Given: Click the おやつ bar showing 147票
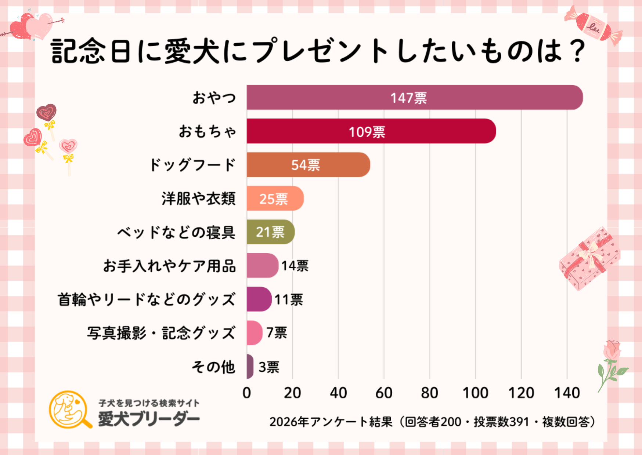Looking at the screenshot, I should tap(414, 98).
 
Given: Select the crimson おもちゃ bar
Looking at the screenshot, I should tap(371, 131).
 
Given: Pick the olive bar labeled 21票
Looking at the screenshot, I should tap(270, 232).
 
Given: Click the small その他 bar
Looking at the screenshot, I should tap(250, 366).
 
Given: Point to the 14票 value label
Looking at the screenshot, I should tap(295, 266).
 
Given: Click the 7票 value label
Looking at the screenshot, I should tap(277, 333).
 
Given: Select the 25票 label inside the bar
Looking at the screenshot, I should tap(274, 199).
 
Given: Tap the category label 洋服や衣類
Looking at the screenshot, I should tap(198, 199).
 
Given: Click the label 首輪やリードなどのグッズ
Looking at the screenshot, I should tap(146, 299).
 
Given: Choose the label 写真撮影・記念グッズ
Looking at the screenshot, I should tap(161, 333).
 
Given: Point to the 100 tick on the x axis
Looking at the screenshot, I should tap(475, 393).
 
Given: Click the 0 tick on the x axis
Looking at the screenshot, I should tap(247, 393).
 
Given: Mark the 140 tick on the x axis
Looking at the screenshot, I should tap(567, 393).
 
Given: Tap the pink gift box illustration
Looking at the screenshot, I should tap(589, 258).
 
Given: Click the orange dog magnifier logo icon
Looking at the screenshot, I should tap(70, 409).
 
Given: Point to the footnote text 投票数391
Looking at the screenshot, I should tap(501, 422).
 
